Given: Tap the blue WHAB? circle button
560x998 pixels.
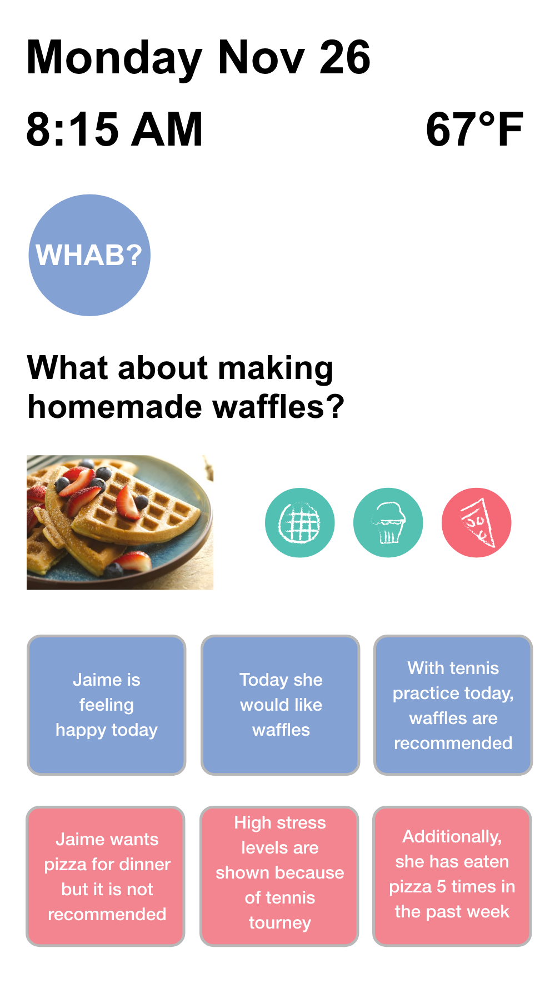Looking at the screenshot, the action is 89,255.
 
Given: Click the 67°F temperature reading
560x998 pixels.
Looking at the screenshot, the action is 474,129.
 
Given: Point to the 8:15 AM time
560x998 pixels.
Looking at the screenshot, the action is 114,129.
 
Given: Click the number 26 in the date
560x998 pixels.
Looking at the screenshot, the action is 344,57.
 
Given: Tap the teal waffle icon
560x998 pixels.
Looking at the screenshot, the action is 300,523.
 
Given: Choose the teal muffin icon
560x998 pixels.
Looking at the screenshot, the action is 388,523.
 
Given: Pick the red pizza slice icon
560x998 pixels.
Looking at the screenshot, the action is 477,523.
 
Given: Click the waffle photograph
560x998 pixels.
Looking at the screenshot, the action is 120,522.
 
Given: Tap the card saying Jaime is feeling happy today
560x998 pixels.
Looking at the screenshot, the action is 106,705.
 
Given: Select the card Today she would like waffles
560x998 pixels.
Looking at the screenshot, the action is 281,705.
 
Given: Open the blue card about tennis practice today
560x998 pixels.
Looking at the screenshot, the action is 453,705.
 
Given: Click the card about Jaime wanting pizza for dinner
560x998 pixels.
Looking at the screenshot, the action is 106,876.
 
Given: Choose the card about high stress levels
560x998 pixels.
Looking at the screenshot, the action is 279,876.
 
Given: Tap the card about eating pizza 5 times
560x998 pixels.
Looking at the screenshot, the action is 452,876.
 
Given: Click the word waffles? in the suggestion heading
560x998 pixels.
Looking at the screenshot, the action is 278,407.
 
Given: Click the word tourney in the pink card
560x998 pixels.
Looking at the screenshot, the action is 279,923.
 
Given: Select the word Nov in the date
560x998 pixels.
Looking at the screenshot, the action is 261,57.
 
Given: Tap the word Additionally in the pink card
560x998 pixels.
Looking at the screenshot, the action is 452,837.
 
